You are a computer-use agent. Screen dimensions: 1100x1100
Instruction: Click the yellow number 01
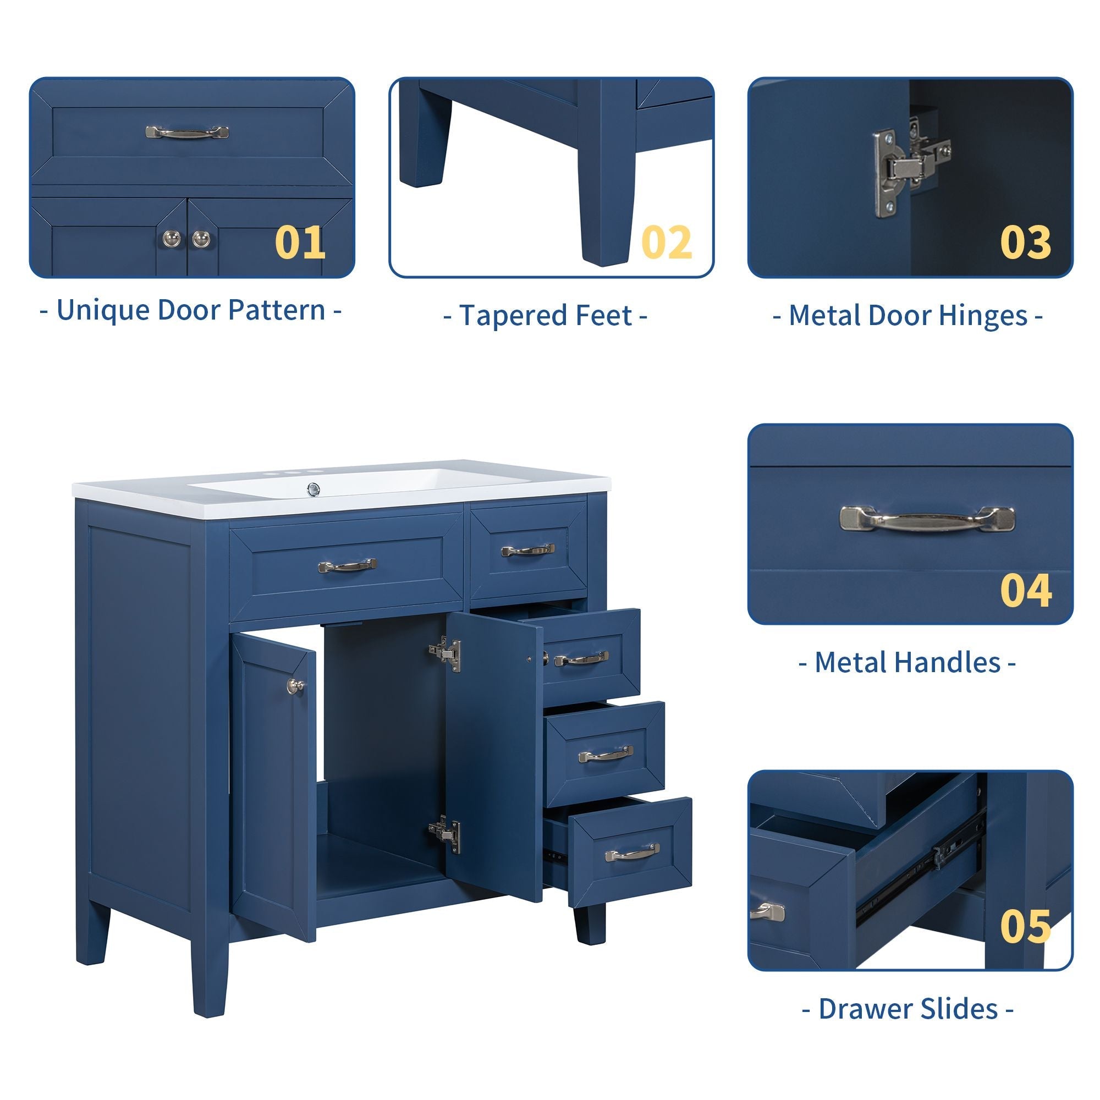[x=300, y=243]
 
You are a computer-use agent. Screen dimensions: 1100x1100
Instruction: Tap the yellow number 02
[x=666, y=243]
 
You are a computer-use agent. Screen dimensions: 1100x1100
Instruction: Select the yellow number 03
[x=1025, y=243]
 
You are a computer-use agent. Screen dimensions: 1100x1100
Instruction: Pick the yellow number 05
[x=1025, y=925]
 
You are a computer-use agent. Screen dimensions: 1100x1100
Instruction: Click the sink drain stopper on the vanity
[x=312, y=488]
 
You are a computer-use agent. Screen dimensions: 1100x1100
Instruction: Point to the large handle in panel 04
[x=927, y=518]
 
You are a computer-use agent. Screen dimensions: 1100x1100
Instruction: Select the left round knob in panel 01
[x=171, y=238]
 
